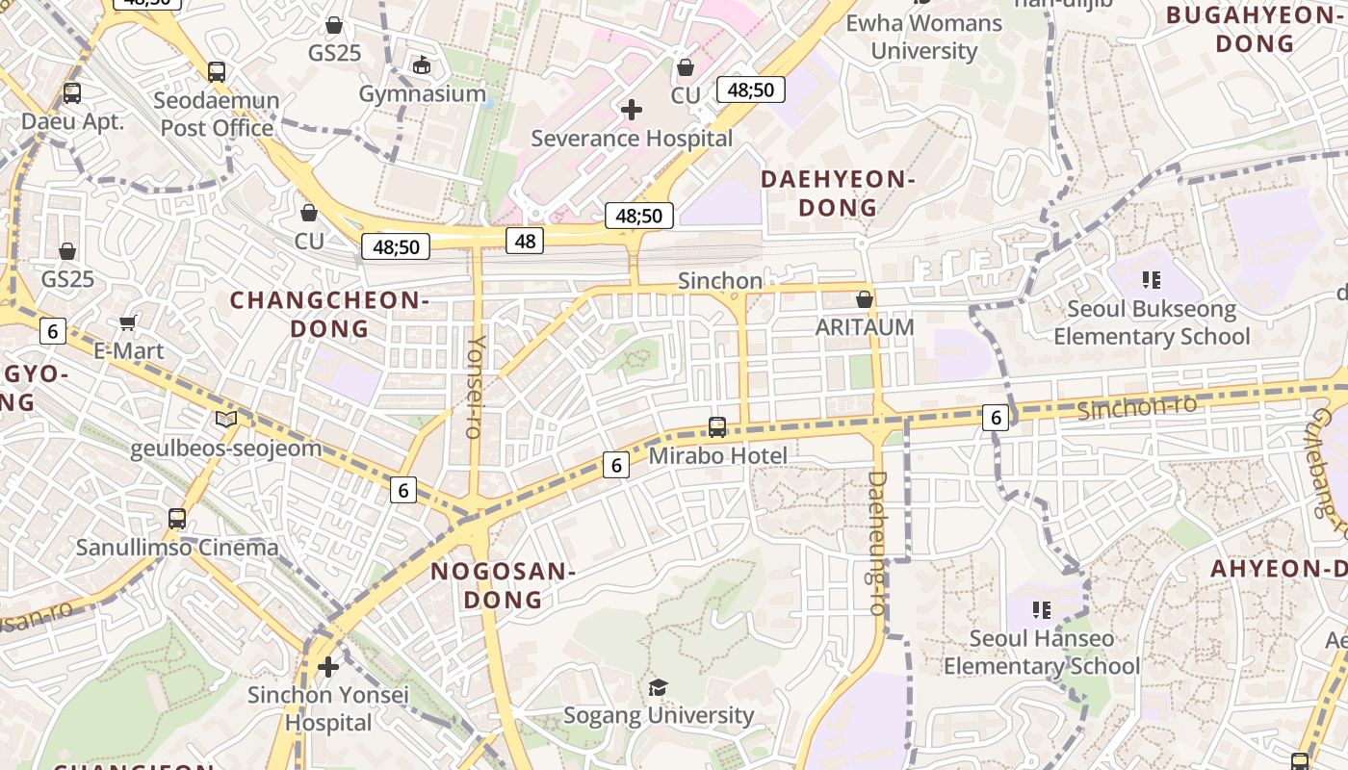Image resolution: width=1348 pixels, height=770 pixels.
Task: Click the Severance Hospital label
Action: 632,138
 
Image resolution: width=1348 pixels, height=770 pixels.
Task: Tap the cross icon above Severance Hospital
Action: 632,110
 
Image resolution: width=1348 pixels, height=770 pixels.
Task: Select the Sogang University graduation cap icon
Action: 658,687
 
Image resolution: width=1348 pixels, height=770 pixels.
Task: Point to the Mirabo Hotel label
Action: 717,455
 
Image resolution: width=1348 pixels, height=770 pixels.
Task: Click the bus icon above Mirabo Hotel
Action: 717,427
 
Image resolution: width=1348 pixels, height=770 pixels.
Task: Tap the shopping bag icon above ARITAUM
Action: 865,299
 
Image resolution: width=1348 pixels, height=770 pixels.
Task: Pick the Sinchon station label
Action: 720,280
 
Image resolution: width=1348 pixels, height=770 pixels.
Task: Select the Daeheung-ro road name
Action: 876,543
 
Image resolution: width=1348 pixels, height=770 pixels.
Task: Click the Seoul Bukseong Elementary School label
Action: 1152,322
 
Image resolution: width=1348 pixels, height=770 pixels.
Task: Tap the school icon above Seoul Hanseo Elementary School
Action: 1041,610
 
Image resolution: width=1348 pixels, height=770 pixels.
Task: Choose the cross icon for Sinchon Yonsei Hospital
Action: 328,666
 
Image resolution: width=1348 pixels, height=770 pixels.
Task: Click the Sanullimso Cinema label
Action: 177,548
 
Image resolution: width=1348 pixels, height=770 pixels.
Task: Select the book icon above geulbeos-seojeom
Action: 226,419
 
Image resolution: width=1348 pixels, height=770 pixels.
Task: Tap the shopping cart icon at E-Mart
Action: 128,323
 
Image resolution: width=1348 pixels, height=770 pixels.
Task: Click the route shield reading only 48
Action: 525,241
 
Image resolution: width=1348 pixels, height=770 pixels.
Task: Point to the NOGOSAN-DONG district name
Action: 503,585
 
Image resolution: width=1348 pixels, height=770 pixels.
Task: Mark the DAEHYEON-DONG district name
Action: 837,192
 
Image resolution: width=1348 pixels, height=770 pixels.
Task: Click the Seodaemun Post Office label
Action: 218,114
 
